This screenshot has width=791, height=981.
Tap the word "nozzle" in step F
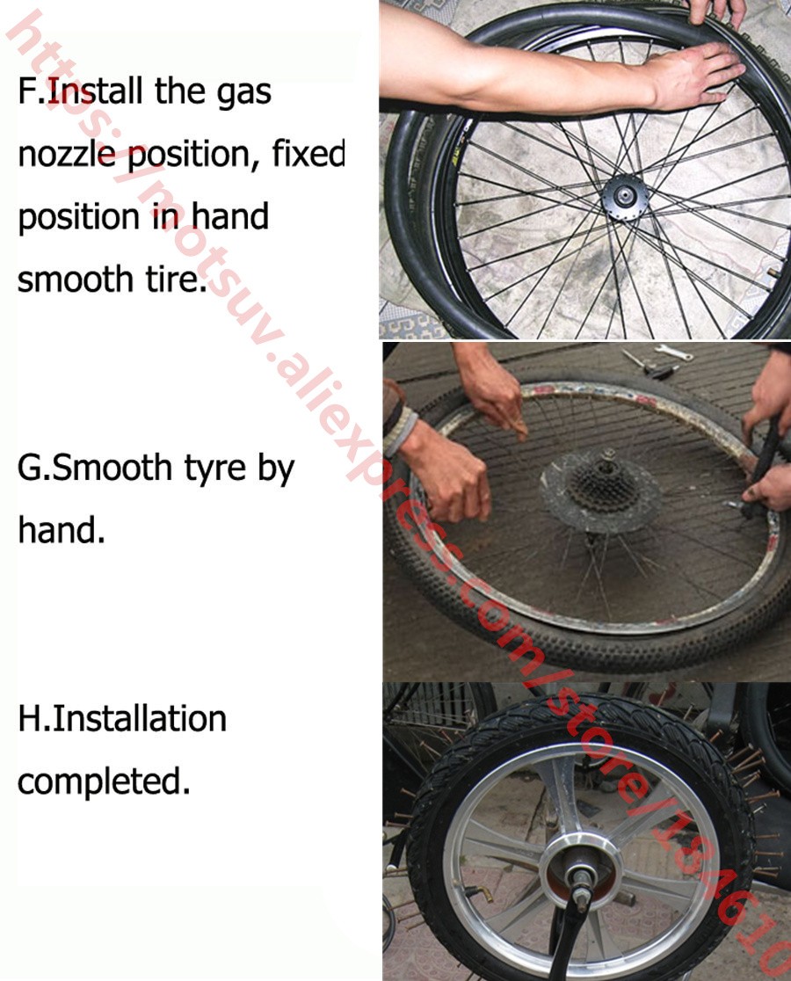67,153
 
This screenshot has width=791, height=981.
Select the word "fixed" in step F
308,153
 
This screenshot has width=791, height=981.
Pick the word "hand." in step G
62,529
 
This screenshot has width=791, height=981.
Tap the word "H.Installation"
122,718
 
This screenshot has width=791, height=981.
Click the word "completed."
104,782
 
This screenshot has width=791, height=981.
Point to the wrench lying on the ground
673,353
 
